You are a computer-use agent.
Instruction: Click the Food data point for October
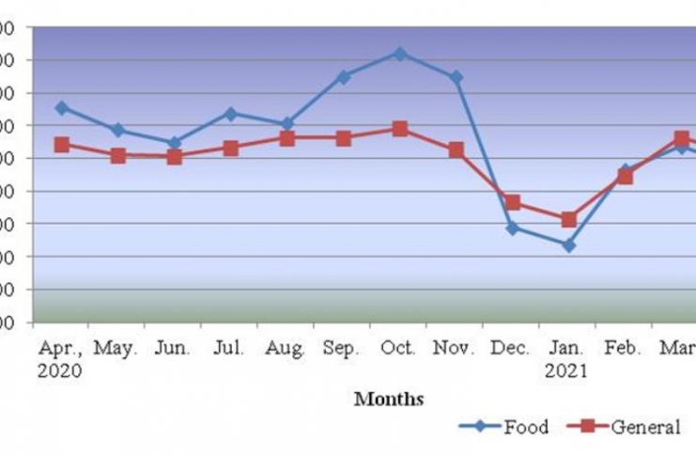400,54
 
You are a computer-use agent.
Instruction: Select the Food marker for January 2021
569,245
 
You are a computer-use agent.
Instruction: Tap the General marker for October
400,129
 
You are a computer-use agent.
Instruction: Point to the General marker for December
513,202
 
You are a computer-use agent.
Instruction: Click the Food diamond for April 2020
62,107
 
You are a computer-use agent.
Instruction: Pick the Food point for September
344,76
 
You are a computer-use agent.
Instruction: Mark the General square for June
175,157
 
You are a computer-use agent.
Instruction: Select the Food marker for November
456,77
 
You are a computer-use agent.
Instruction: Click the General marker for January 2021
569,219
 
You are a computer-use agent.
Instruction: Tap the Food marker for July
231,113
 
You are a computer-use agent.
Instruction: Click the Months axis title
389,399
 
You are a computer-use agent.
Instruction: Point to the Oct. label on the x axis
399,349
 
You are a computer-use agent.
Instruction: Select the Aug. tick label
286,349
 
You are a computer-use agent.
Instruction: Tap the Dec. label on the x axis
511,349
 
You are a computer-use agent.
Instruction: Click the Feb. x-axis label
624,349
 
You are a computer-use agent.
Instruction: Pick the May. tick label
116,349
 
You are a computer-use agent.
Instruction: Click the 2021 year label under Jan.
566,370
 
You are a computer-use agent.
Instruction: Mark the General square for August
287,138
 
